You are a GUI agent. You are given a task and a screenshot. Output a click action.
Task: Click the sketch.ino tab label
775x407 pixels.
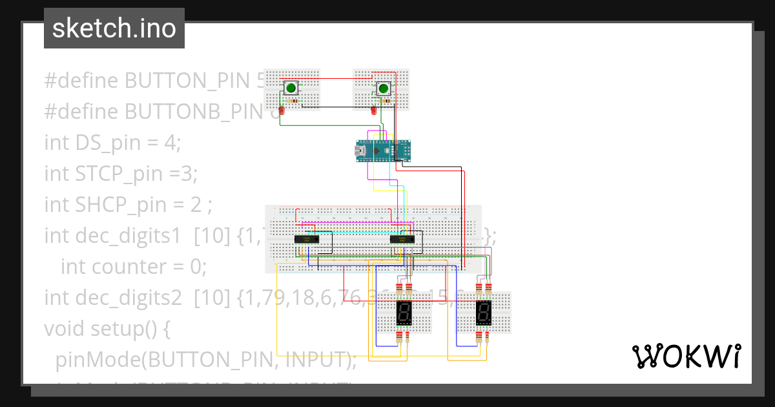[114, 28]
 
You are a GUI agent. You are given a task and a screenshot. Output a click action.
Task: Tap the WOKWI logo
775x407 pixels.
[686, 356]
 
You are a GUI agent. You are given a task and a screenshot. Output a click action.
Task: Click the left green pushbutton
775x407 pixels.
[291, 88]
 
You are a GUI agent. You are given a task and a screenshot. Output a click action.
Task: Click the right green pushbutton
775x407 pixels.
[384, 88]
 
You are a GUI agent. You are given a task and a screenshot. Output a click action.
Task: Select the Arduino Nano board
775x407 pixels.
[383, 150]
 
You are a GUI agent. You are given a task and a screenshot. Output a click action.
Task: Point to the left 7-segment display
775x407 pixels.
[404, 314]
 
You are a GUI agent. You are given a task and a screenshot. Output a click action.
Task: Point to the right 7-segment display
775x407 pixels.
[484, 314]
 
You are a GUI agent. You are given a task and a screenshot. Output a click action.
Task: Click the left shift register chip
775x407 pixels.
[306, 239]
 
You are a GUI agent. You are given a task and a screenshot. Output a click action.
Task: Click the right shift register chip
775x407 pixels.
[402, 239]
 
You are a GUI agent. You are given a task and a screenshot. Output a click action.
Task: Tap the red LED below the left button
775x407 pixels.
[282, 111]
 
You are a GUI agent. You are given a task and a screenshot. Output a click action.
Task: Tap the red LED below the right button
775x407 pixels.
[373, 111]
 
